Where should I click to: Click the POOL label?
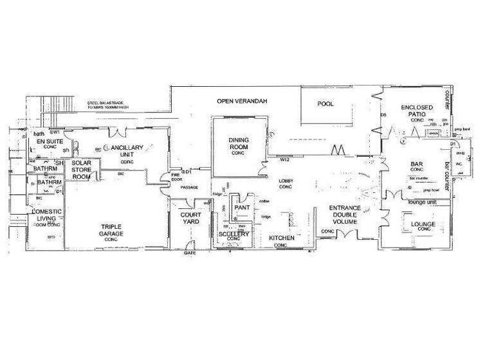[325, 104]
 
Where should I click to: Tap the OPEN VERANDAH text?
[241, 102]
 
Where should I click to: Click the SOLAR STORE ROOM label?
[82, 170]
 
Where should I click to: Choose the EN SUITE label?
[46, 141]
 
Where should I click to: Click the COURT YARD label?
[190, 218]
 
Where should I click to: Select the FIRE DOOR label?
[176, 177]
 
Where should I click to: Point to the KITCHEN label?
[282, 239]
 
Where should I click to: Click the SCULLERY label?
[233, 235]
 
